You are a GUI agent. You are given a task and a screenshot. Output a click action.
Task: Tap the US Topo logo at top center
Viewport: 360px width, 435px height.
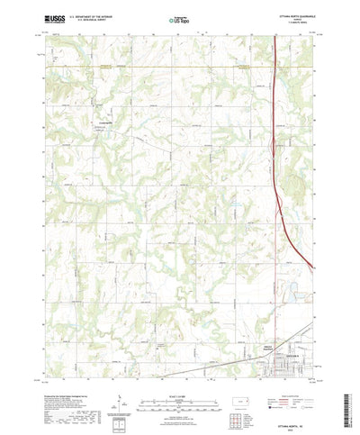click(x=178, y=19)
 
